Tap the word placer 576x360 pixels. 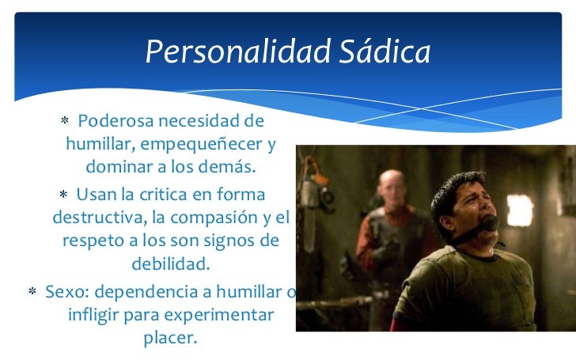tap(171, 339)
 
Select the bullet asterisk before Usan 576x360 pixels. tap(63, 195)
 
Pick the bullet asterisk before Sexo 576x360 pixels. tap(33, 293)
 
